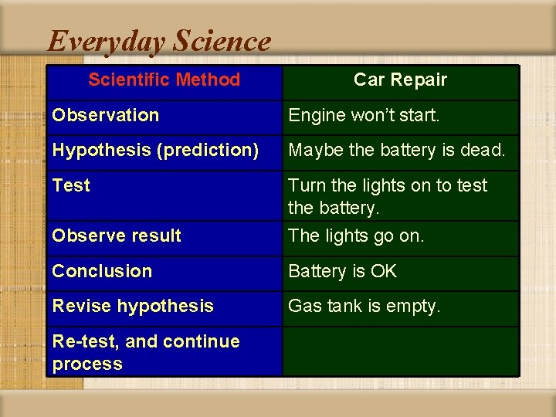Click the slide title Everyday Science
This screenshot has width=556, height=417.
tap(159, 41)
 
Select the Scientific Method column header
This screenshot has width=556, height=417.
tap(164, 80)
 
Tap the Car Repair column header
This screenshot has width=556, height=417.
tap(400, 80)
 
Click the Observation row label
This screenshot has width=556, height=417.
tap(106, 115)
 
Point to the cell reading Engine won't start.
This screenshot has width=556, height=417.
tap(364, 115)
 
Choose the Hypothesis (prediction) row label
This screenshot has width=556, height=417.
tap(155, 150)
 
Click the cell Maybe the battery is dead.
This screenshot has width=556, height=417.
tap(397, 150)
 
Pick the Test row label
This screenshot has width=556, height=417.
tap(71, 185)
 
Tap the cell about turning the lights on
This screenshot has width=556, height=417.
tap(388, 196)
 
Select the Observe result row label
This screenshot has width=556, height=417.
tap(117, 236)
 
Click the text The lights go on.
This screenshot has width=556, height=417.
tap(356, 236)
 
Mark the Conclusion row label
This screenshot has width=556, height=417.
tap(102, 271)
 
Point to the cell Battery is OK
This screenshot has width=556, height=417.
tap(342, 271)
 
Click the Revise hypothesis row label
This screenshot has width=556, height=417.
tap(133, 306)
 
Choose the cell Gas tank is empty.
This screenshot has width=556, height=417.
tap(364, 306)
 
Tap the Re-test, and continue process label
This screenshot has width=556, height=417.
tap(146, 352)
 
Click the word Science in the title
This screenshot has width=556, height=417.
tap(223, 41)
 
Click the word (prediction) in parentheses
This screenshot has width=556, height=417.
tap(208, 150)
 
